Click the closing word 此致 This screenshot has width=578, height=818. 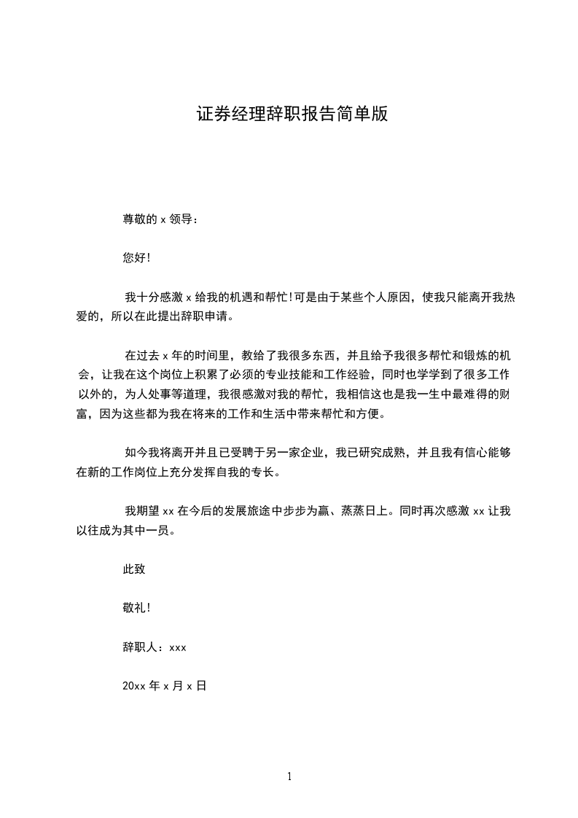134,570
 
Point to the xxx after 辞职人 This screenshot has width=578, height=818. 178,647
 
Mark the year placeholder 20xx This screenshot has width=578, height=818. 134,686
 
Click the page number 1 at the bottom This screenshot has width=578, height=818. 289,777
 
